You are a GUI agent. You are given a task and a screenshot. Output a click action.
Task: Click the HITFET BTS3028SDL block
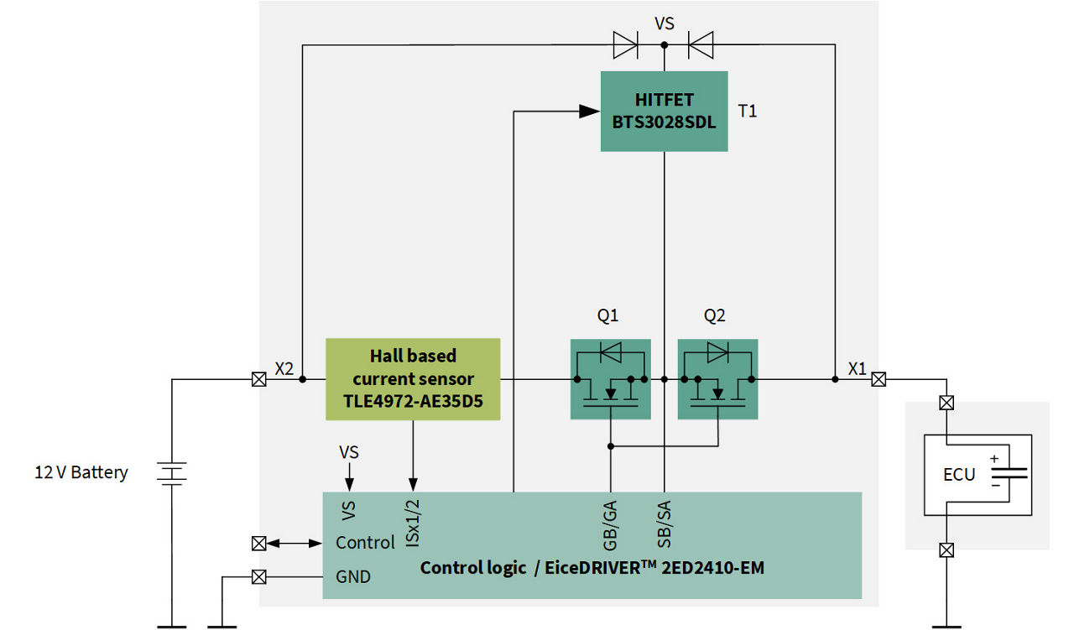click(664, 111)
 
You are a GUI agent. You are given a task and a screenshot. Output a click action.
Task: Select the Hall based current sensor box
click(413, 379)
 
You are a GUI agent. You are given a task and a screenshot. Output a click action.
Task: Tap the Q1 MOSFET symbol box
click(610, 379)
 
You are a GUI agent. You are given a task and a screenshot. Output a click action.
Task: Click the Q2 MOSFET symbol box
click(717, 379)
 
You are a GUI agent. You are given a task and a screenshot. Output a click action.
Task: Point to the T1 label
click(747, 111)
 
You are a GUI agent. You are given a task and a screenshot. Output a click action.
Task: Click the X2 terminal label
click(284, 368)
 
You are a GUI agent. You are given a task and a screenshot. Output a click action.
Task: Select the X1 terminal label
click(857, 368)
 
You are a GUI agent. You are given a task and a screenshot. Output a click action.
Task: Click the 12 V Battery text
click(81, 472)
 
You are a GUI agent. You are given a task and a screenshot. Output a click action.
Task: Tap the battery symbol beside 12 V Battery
click(172, 474)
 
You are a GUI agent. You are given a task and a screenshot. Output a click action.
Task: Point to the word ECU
click(959, 474)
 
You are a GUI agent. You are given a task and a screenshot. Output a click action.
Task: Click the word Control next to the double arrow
click(365, 543)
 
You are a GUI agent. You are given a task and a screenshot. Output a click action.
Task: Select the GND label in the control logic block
click(353, 577)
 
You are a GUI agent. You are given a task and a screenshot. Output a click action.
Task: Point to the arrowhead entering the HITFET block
click(590, 111)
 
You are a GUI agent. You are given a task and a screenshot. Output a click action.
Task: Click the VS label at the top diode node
click(664, 23)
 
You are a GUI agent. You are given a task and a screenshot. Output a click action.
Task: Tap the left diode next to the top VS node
click(625, 44)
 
